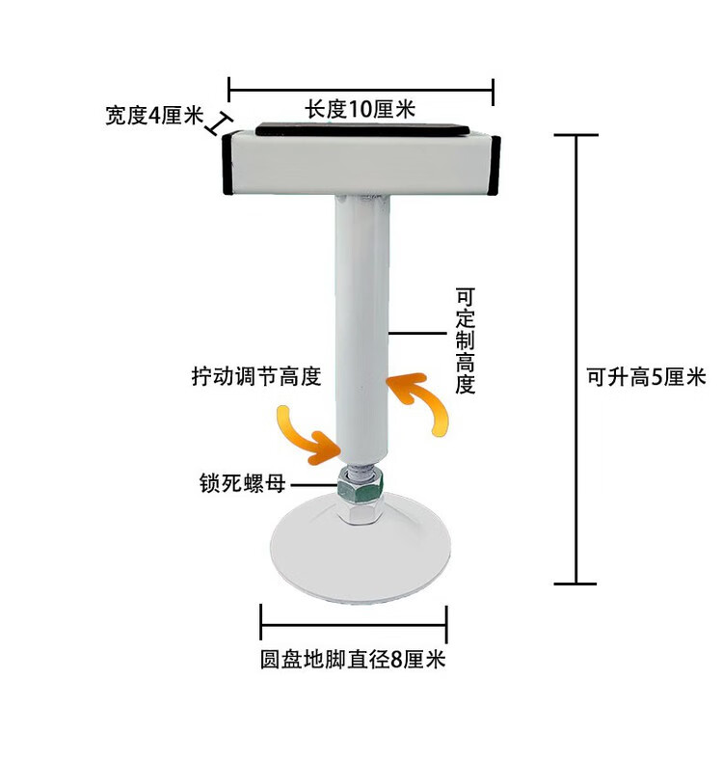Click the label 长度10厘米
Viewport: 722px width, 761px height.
tap(361, 110)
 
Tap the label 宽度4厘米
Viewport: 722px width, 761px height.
tap(154, 116)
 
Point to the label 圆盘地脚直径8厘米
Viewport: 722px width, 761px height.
tap(353, 661)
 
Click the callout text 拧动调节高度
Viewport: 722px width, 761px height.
tap(255, 376)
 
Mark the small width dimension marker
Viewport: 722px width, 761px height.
tap(220, 122)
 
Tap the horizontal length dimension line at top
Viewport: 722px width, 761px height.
tap(361, 93)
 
